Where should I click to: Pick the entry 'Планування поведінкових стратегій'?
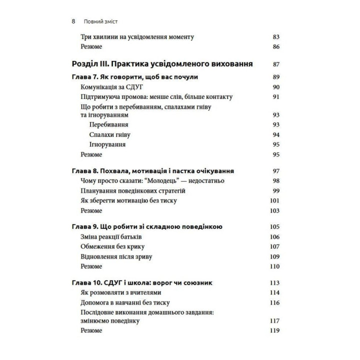pos(129,191)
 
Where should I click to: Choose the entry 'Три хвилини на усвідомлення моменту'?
pos(137,37)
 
